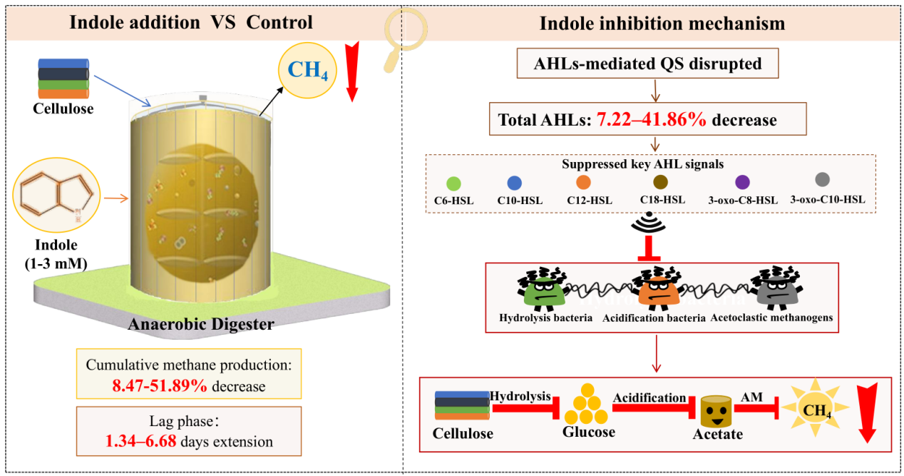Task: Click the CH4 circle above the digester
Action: [x=307, y=71]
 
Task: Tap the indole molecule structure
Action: [x=56, y=195]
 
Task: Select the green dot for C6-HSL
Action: [x=453, y=184]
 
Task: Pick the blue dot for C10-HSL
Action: [x=514, y=183]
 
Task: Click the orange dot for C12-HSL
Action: [x=584, y=182]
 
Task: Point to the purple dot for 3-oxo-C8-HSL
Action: [x=743, y=182]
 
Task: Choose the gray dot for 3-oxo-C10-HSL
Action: [x=823, y=179]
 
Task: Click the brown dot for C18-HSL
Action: [x=661, y=182]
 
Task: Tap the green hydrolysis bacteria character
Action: [x=543, y=288]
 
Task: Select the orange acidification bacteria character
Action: [x=657, y=288]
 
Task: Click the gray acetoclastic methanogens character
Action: [x=776, y=288]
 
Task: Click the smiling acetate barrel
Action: [x=716, y=411]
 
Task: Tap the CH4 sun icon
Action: [x=816, y=407]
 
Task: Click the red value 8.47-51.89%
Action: [x=160, y=386]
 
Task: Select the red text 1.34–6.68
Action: [x=141, y=441]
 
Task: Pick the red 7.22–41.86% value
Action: [x=652, y=120]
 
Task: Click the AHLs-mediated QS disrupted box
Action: [x=648, y=64]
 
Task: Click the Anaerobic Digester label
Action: [x=201, y=324]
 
